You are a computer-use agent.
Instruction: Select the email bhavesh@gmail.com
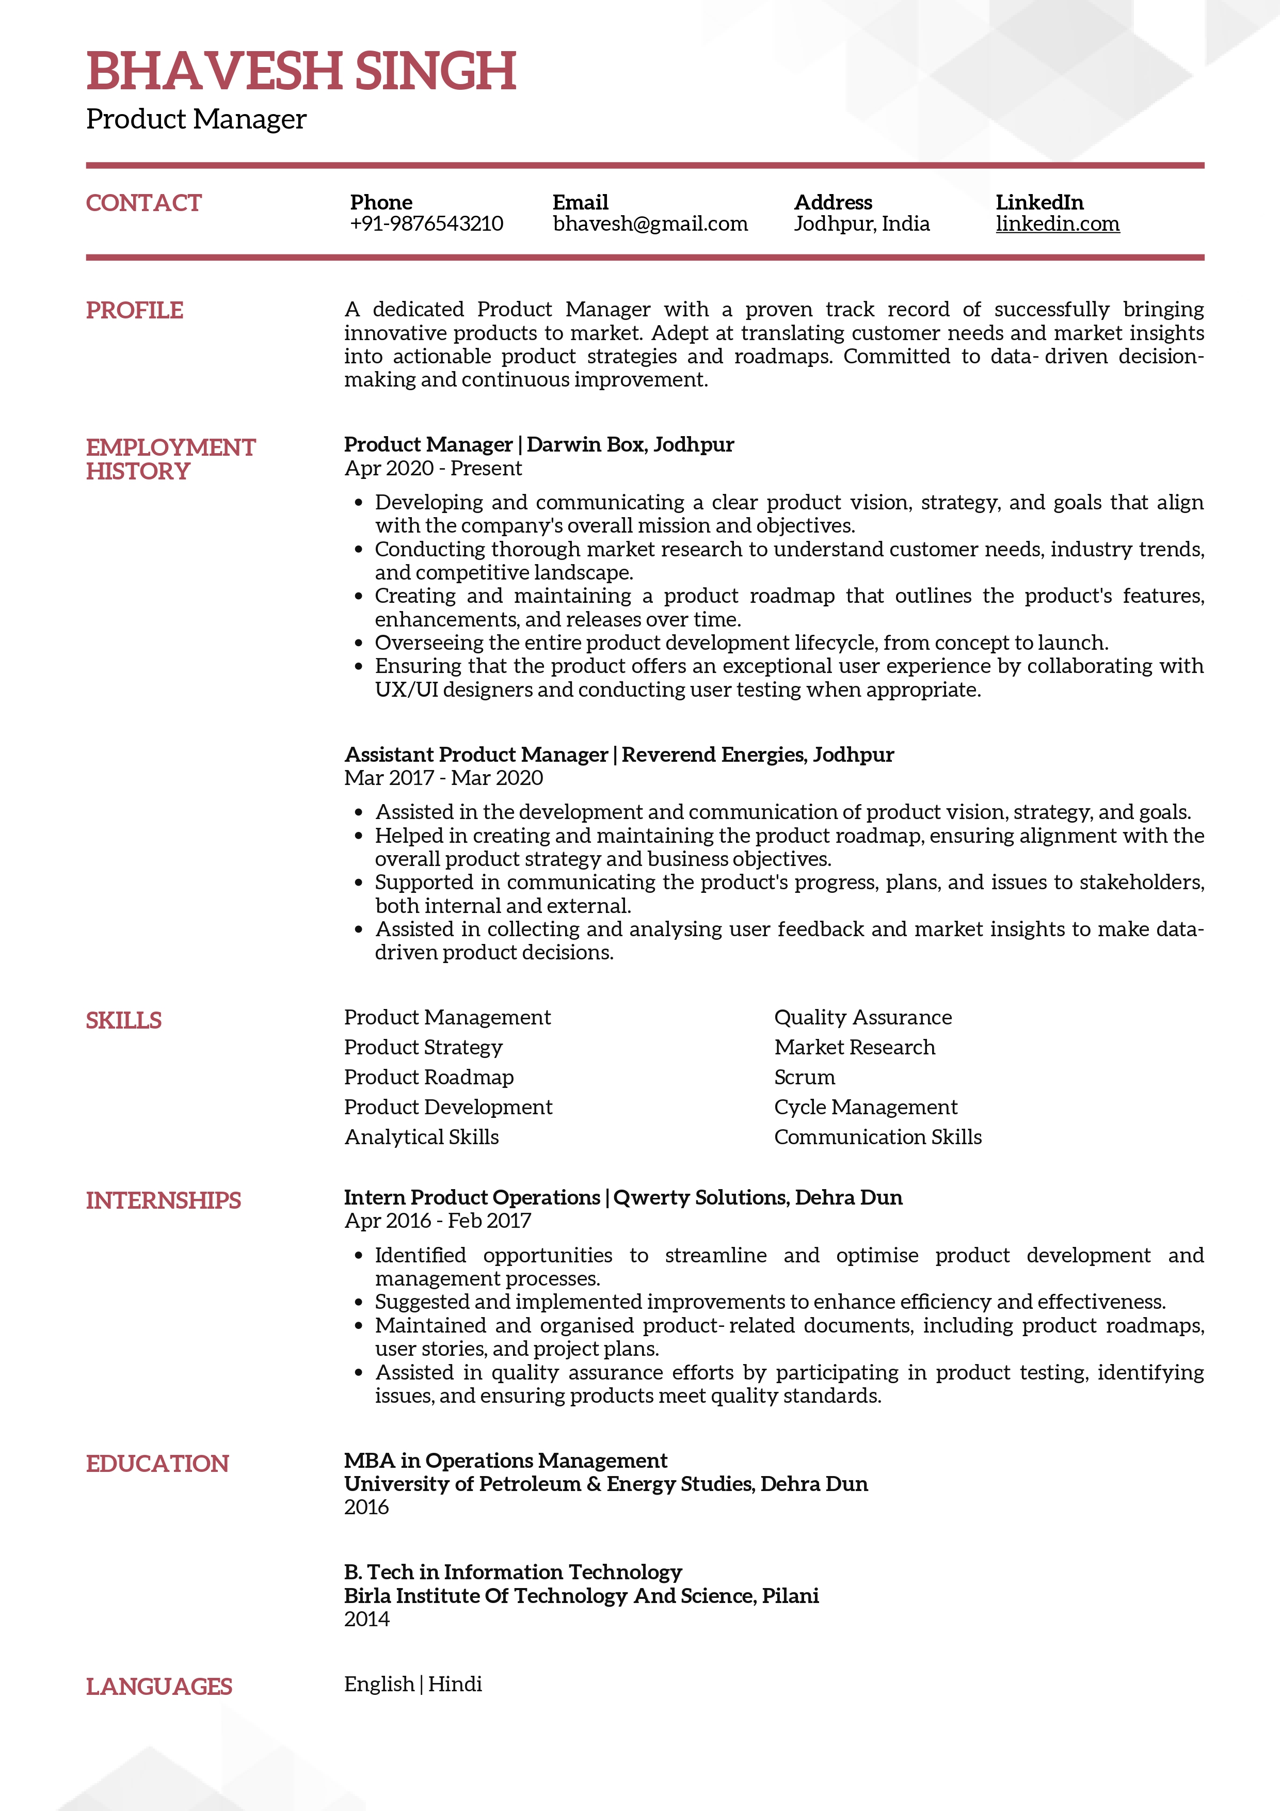point(650,224)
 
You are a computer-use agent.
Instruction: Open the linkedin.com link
point(1057,224)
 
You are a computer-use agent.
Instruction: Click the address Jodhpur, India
point(861,224)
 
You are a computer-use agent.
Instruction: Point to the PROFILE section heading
point(134,310)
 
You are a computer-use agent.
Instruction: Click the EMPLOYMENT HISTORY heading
point(170,458)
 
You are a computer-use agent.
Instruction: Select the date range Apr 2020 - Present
point(433,469)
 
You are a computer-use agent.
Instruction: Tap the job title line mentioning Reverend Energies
point(619,755)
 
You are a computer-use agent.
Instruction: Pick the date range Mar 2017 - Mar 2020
point(443,778)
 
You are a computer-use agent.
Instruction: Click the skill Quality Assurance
point(863,1018)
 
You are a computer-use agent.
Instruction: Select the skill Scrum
point(805,1078)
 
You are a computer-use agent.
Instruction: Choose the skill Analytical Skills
point(421,1137)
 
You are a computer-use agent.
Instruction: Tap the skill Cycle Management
point(865,1108)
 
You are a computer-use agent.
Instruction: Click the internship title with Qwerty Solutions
point(623,1197)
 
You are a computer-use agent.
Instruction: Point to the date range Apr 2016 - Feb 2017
point(438,1221)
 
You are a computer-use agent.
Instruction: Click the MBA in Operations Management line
point(505,1461)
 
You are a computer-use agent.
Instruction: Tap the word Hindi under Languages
point(455,1684)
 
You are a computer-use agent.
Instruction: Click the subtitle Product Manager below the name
point(196,119)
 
